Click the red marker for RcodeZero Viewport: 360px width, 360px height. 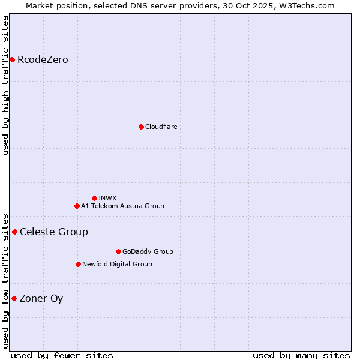12,59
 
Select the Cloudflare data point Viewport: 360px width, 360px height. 141,127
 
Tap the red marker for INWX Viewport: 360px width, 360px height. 94,198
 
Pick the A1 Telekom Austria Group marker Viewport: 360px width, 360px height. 77,206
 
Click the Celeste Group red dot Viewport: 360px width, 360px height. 14,232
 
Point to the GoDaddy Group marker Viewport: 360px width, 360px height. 118,251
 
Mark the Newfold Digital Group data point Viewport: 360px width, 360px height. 78,264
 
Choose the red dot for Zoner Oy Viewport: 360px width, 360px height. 14,298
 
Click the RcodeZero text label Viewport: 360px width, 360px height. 43,59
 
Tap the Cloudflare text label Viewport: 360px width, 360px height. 161,127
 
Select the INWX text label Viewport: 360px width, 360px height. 107,198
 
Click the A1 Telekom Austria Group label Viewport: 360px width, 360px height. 122,206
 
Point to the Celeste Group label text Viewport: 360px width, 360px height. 54,232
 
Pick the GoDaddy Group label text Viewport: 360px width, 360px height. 148,251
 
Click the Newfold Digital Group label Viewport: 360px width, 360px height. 117,264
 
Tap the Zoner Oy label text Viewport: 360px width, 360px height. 41,298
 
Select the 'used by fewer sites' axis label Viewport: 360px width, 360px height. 62,355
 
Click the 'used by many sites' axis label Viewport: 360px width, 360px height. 301,355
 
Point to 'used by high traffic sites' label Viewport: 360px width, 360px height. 6,85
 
